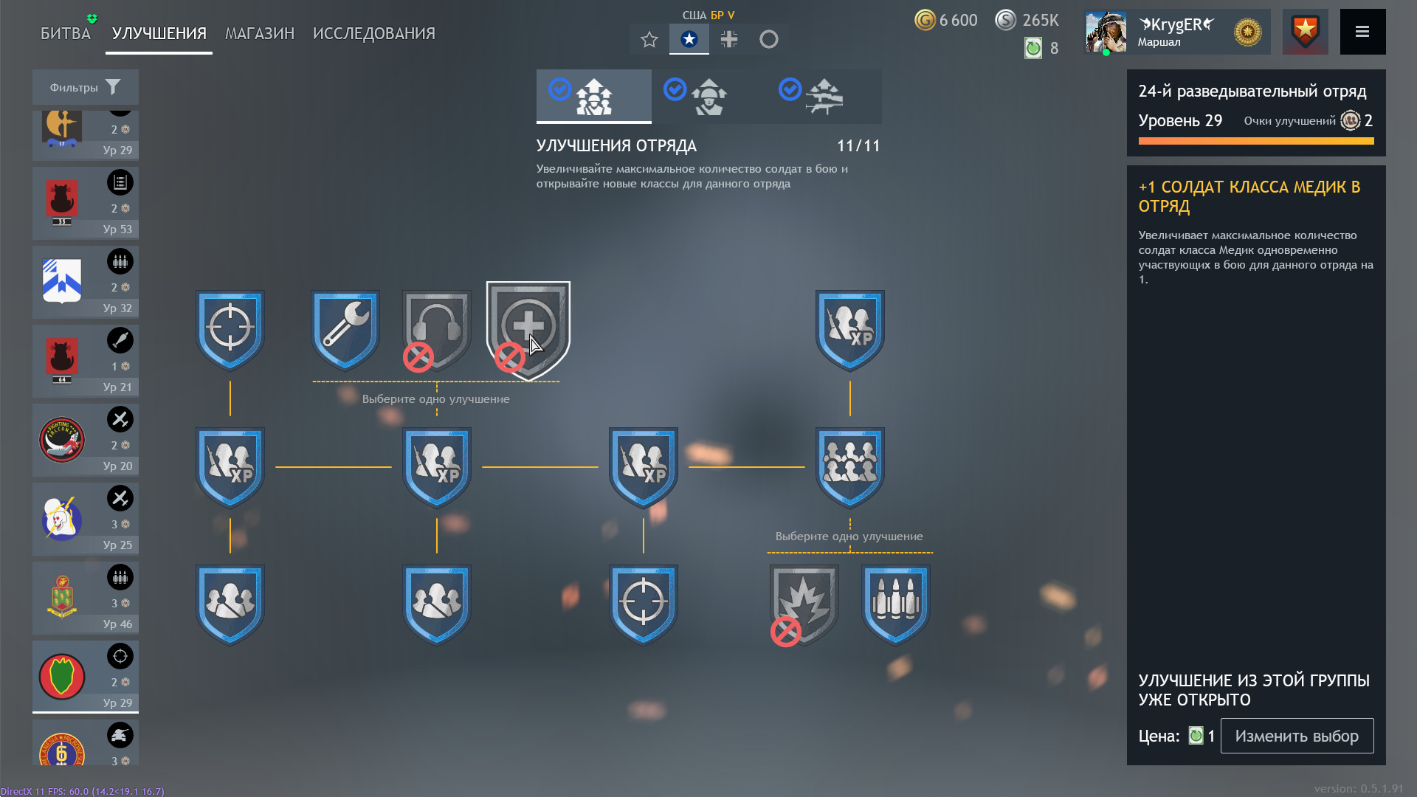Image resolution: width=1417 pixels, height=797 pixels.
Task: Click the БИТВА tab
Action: (66, 33)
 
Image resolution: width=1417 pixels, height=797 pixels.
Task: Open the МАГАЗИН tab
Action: (260, 33)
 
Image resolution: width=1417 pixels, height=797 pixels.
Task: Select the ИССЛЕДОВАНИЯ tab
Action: (374, 33)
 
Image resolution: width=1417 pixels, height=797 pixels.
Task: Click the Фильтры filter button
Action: (86, 87)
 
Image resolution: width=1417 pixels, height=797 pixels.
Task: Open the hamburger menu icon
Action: (1362, 32)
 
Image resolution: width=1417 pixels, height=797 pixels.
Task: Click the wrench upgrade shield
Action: (345, 329)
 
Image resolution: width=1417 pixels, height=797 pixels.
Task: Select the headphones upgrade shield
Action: (436, 329)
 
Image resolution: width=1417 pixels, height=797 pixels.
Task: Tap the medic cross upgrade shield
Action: (528, 330)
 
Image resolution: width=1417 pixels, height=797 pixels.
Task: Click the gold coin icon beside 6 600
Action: (925, 20)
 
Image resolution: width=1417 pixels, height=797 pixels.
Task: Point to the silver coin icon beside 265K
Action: (1006, 20)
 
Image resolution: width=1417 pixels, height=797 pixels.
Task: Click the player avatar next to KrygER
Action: (1106, 32)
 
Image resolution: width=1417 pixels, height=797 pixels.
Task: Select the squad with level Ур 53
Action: (86, 202)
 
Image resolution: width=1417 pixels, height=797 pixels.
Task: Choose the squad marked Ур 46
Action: (86, 597)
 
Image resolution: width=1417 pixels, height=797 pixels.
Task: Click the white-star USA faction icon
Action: (689, 39)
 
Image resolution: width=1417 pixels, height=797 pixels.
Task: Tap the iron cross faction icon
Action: (729, 39)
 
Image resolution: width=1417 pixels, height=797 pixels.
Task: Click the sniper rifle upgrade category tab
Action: (824, 96)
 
